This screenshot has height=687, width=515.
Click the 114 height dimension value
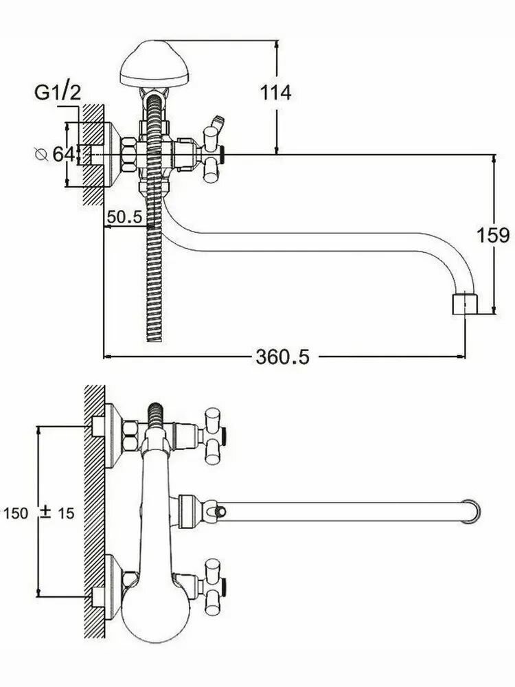point(275,93)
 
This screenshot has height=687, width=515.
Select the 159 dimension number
point(493,235)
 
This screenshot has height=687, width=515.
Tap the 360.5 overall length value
point(282,357)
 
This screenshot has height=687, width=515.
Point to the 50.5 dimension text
point(125,216)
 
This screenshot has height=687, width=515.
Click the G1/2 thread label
point(58,93)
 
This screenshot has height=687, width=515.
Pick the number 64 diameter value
point(63,154)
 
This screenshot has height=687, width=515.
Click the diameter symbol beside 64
point(41,154)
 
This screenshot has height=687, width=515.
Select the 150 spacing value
point(16,513)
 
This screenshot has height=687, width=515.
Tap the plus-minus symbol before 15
point(45,513)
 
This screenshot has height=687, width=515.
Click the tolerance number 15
point(66,513)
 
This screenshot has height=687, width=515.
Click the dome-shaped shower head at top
point(154,64)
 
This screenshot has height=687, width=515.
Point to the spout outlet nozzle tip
point(465,304)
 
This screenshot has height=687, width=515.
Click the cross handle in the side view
point(212,155)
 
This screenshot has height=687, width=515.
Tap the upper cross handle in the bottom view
point(213,436)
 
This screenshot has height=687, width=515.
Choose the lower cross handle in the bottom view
point(213,587)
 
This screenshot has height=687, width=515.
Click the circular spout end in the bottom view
point(471,511)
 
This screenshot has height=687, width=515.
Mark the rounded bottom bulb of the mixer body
point(155,616)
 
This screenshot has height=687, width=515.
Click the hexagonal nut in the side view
point(129,155)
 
